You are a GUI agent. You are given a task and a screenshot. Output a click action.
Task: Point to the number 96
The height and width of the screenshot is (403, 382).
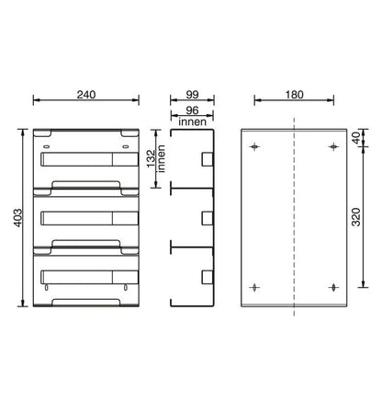click(191, 110)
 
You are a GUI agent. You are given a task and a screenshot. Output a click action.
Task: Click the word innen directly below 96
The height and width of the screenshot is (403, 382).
click(191, 121)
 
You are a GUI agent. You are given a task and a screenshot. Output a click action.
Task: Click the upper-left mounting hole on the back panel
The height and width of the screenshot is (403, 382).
click(255, 148)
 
